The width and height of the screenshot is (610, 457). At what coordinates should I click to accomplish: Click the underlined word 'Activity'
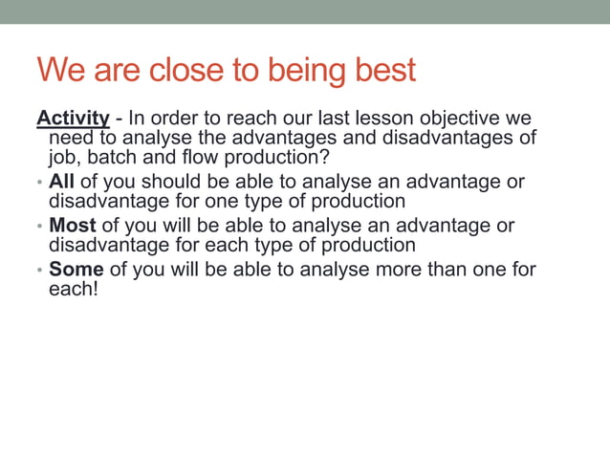pos(73,119)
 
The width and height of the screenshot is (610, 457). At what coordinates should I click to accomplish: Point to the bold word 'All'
pos(61,182)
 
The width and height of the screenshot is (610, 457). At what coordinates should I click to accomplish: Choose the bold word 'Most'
pos(73,226)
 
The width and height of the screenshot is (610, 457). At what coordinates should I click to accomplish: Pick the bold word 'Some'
pos(76,270)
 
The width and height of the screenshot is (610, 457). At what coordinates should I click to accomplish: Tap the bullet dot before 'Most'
pos(39,227)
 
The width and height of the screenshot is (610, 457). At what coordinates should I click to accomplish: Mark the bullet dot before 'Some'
pos(39,271)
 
